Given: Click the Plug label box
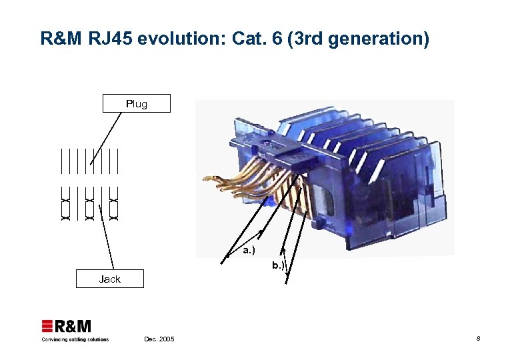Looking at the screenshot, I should click(137, 103).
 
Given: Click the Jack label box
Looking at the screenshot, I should click(109, 279).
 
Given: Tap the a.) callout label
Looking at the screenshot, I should click(248, 251).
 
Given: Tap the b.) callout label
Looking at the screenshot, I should click(278, 265).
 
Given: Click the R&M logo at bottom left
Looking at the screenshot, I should click(67, 327).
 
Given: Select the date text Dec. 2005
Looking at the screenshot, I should click(159, 339).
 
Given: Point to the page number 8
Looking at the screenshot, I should click(478, 339).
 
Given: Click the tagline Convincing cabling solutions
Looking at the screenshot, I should click(75, 339).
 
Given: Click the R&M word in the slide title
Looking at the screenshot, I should click(58, 39).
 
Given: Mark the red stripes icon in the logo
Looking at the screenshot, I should click(47, 326).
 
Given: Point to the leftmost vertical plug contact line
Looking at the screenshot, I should click(61, 161).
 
